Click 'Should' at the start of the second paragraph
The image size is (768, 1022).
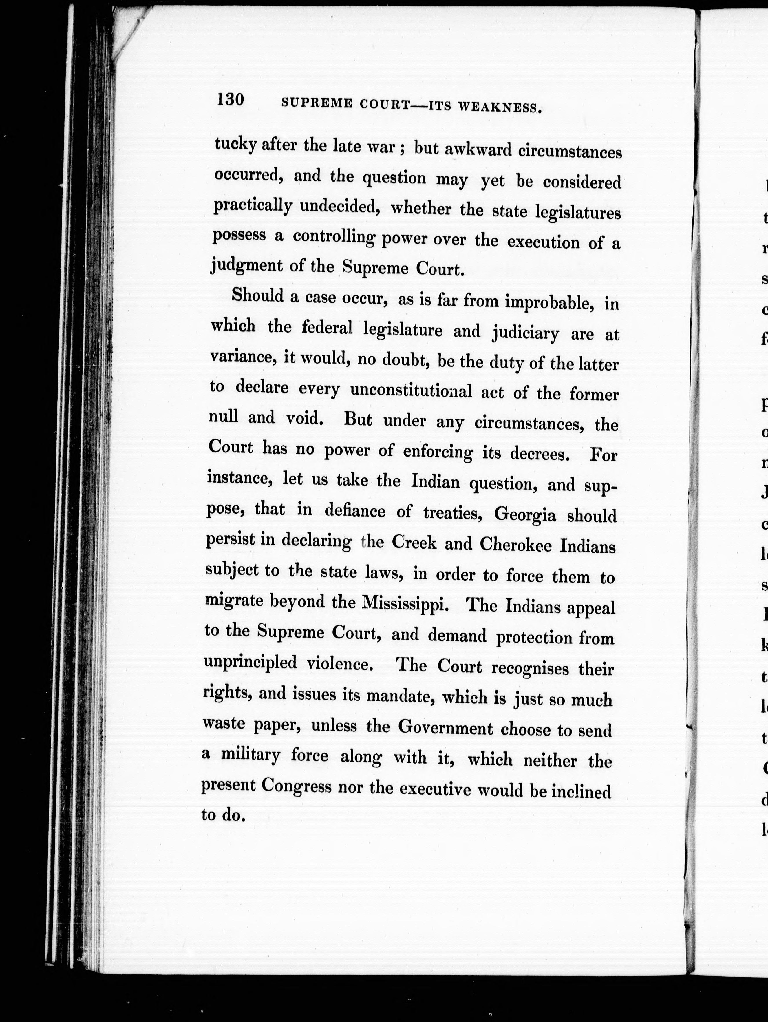[x=258, y=295]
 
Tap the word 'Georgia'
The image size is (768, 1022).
[x=525, y=514]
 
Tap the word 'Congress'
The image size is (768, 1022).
[x=296, y=785]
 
